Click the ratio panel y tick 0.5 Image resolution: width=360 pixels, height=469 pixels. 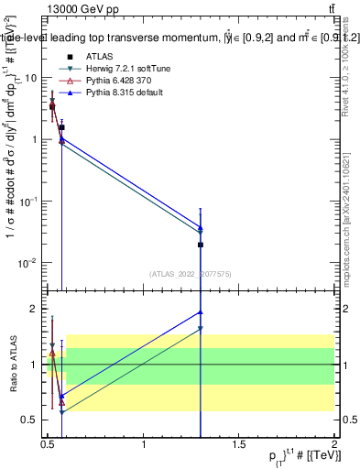click(30, 420)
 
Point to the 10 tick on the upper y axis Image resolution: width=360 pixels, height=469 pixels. click(29, 78)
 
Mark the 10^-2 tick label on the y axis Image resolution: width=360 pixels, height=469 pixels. click(27, 263)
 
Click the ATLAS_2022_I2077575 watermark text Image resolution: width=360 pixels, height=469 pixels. click(189, 274)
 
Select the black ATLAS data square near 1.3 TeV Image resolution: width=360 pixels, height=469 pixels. click(201, 245)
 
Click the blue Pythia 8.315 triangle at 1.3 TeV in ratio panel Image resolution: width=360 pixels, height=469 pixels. click(201, 312)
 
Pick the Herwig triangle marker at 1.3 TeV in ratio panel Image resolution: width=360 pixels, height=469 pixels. click(201, 329)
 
